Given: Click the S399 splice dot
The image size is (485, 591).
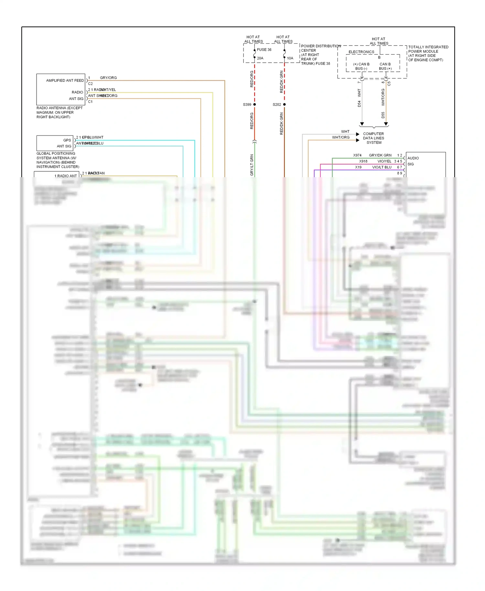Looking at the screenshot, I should pyautogui.click(x=254, y=104).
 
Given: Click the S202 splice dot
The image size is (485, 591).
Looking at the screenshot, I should pyautogui.click(x=284, y=104).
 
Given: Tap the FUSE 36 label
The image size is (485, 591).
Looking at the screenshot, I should pyautogui.click(x=264, y=50).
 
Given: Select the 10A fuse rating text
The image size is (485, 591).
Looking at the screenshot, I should pyautogui.click(x=290, y=58).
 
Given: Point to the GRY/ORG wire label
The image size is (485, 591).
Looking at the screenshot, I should pyautogui.click(x=108, y=78).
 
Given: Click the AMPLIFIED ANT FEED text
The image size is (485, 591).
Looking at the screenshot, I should pyautogui.click(x=65, y=81).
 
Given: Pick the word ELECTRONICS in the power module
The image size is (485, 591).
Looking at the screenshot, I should pyautogui.click(x=361, y=52).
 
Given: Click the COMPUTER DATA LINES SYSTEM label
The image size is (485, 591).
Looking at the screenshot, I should pyautogui.click(x=373, y=138).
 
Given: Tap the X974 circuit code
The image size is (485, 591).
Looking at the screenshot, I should pyautogui.click(x=357, y=155).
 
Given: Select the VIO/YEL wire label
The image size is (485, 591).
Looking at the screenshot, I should pyautogui.click(x=384, y=161).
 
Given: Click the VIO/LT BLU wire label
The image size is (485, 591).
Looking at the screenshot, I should pyautogui.click(x=382, y=167).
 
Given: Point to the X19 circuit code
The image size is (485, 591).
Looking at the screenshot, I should pyautogui.click(x=358, y=167).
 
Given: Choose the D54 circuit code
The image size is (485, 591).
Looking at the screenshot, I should pyautogui.click(x=359, y=104).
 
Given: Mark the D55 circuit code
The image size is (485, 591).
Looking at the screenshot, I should pyautogui.click(x=383, y=115).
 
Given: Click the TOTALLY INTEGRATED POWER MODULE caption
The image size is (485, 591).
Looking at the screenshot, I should pyautogui.click(x=428, y=53).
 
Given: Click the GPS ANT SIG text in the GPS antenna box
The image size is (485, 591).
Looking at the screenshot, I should pyautogui.click(x=64, y=143).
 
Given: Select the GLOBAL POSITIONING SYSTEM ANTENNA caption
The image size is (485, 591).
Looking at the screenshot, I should pyautogui.click(x=58, y=160).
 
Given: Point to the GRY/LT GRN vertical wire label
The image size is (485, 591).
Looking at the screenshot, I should pyautogui.click(x=252, y=165).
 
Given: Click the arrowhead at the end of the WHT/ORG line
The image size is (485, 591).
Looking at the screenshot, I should pyautogui.click(x=358, y=140).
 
